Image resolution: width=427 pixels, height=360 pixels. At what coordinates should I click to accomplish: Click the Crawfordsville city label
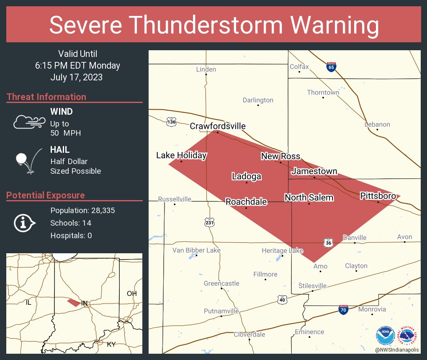point(218,126)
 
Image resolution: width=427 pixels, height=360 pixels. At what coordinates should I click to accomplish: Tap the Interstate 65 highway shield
point(331,67)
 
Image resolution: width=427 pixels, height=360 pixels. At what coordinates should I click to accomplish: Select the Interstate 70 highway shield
point(343,309)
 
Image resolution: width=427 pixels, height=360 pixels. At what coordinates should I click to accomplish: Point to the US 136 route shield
point(171,122)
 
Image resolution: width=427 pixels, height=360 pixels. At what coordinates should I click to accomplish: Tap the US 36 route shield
point(328,242)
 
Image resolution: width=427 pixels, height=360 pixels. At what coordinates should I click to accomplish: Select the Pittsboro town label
point(378,196)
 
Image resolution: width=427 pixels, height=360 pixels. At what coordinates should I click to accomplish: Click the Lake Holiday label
point(181,155)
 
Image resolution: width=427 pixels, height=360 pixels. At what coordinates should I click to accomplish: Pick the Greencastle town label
point(221,283)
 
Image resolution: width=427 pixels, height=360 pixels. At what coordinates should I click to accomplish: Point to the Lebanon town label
point(377,124)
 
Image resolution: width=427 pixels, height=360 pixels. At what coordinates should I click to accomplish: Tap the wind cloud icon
point(28,122)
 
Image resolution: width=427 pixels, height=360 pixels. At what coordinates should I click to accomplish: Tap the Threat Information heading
point(46,97)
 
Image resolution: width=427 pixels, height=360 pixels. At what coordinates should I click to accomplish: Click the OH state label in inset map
point(131,293)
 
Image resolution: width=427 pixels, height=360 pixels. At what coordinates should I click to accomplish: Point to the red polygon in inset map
point(74,302)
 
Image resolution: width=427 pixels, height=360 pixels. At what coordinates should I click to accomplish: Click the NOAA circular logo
point(385,335)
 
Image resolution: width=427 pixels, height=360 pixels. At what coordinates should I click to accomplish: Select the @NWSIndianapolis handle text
point(398,350)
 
